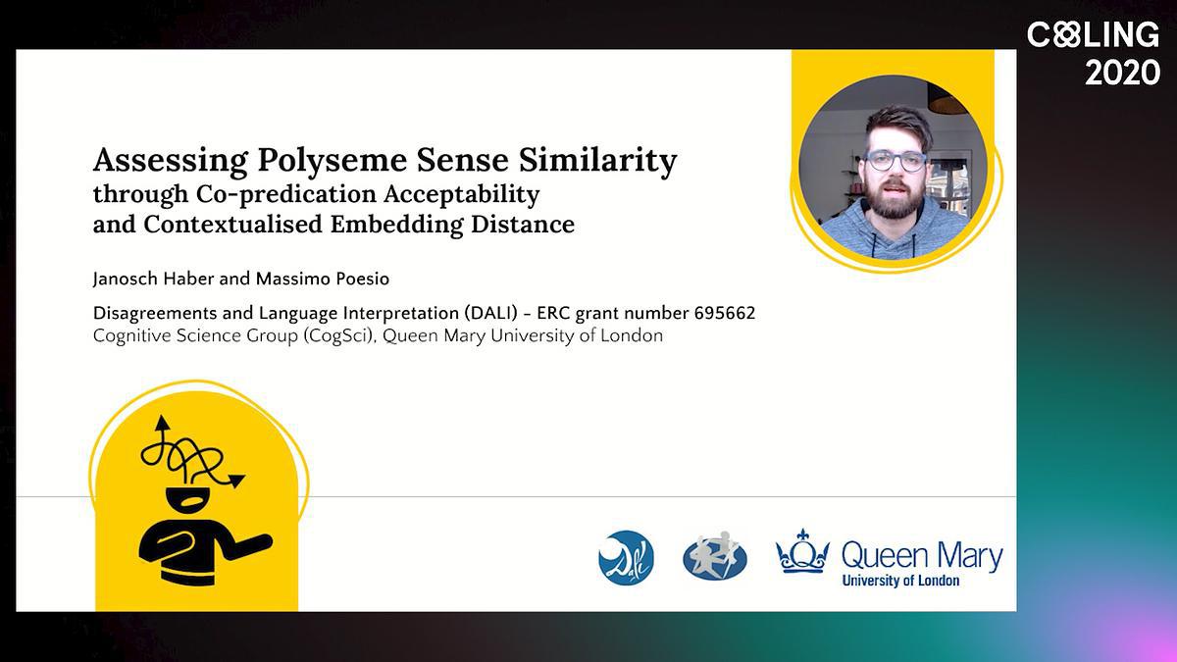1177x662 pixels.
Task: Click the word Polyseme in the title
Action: coord(333,160)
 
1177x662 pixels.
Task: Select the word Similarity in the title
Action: coord(598,160)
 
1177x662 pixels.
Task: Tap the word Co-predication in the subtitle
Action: coord(286,194)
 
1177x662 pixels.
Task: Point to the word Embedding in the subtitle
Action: coord(396,225)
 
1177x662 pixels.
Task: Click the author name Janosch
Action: coord(126,279)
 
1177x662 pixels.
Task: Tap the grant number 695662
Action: coord(725,313)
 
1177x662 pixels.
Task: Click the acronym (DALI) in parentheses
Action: coord(491,313)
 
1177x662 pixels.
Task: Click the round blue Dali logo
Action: coord(626,558)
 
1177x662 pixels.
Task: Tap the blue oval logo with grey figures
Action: coord(715,556)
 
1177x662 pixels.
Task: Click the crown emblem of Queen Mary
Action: coord(802,551)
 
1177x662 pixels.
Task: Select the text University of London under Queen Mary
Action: coord(900,581)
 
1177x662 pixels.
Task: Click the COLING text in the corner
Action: coord(1093,35)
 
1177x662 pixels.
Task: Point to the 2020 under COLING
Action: coord(1123,73)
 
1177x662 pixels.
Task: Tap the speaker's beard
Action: coord(893,201)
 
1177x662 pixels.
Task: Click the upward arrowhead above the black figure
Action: coord(162,423)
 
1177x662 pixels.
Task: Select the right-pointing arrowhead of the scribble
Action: coord(236,481)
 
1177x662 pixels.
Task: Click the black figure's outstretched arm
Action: coord(248,546)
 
